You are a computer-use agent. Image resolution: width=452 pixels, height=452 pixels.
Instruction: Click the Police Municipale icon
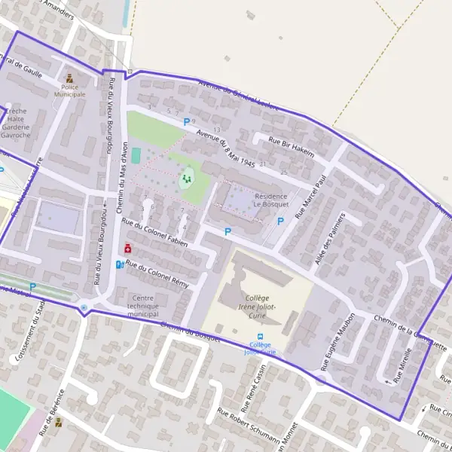point(70,78)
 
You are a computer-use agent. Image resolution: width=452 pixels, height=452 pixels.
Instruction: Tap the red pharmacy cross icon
point(127,248)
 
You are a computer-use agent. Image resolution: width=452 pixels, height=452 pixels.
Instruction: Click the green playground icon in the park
point(185,179)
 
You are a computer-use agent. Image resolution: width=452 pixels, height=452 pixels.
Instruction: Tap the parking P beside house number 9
point(186,121)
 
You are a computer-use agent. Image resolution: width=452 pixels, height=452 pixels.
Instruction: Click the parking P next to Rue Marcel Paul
point(280,221)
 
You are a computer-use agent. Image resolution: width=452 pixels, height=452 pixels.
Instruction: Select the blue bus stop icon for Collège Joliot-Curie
point(261,337)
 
